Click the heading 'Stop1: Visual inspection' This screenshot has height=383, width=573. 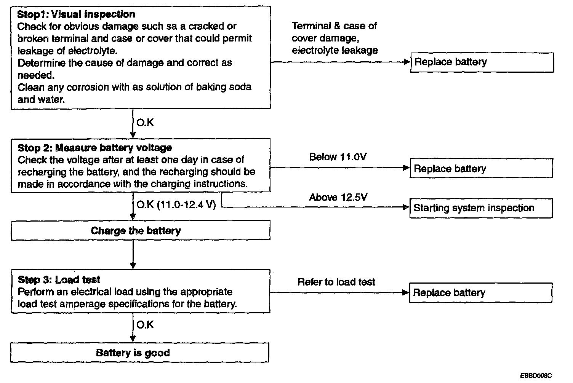[76, 14]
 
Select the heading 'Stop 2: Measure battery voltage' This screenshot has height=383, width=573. [94, 148]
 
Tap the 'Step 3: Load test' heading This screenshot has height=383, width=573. [59, 280]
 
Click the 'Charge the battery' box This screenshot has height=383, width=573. [140, 231]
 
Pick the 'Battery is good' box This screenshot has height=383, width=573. [139, 353]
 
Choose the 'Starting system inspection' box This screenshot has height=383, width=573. [480, 208]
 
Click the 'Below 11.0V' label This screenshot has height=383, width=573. [338, 157]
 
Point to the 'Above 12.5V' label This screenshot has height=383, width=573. [338, 197]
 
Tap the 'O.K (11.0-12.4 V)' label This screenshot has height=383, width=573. [176, 205]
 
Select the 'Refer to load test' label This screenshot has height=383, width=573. [336, 282]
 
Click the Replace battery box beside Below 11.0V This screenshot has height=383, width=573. [481, 168]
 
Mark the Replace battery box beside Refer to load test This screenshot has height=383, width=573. [480, 292]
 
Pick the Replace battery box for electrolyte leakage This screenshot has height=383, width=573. [482, 62]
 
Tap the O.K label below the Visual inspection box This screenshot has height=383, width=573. [145, 123]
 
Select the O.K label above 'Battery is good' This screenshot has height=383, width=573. [145, 325]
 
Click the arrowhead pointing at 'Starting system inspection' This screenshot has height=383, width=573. [406, 207]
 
